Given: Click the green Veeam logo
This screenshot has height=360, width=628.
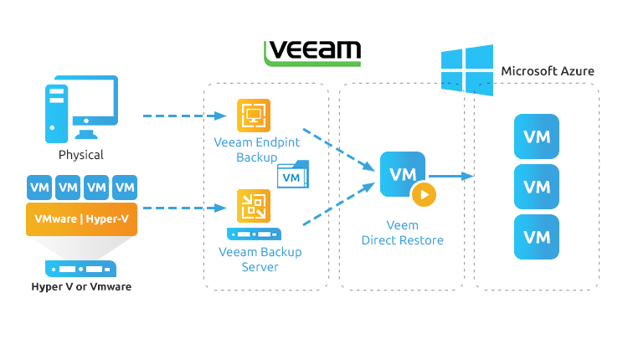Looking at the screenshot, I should pyautogui.click(x=312, y=53).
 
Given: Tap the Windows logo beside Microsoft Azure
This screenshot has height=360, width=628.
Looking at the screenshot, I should pyautogui.click(x=467, y=69).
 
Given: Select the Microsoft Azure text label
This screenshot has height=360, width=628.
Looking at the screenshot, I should pyautogui.click(x=547, y=71).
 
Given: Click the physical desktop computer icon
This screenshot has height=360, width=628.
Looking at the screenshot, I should pyautogui.click(x=80, y=108).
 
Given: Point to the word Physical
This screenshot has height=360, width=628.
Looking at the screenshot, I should pyautogui.click(x=81, y=155).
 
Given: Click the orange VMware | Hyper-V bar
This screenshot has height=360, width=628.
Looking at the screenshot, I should pyautogui.click(x=82, y=219).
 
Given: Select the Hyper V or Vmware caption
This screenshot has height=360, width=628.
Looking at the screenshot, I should pyautogui.click(x=81, y=287).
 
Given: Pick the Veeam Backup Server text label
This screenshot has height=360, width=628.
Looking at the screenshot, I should pyautogui.click(x=260, y=259).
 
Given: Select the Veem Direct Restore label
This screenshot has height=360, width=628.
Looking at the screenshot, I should pyautogui.click(x=403, y=233).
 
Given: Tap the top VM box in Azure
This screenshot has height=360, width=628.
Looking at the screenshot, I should pyautogui.click(x=536, y=137).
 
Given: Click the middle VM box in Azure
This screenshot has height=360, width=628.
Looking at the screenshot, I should pyautogui.click(x=536, y=187).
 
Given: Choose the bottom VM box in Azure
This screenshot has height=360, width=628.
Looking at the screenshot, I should pyautogui.click(x=536, y=237).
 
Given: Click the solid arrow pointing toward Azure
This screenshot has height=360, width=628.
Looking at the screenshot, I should pyautogui.click(x=452, y=177).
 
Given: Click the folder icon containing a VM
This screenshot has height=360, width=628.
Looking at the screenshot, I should pyautogui.click(x=292, y=175).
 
